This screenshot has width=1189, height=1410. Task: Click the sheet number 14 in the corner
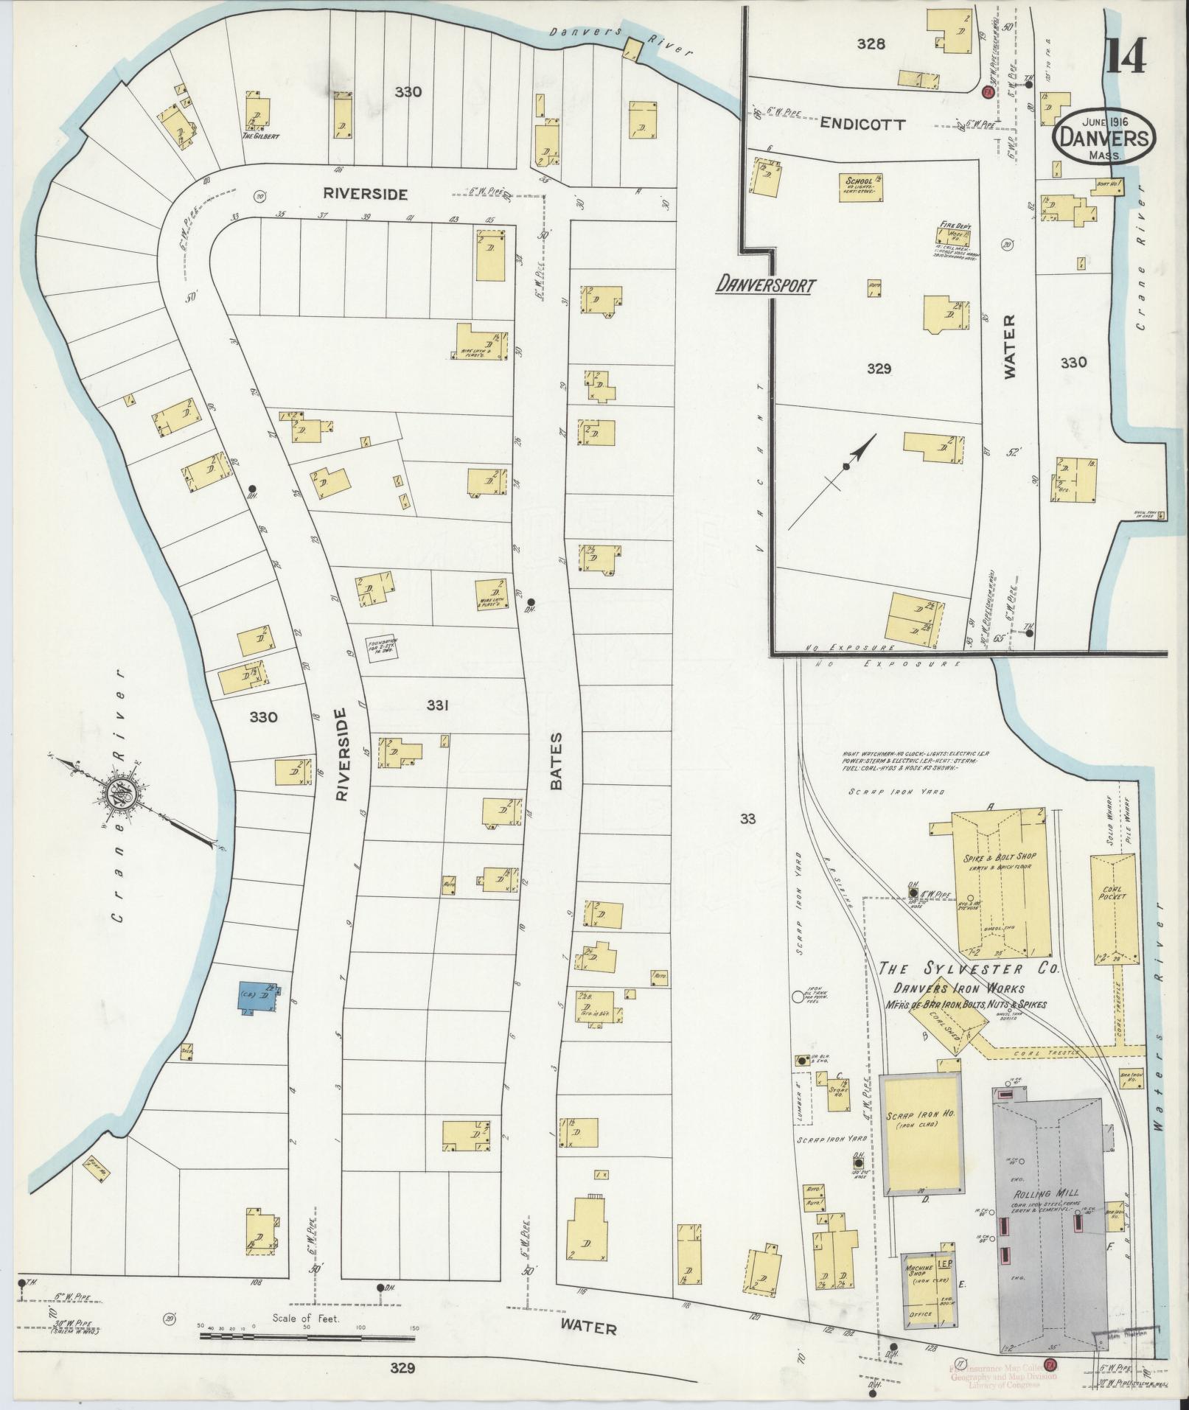click(x=1125, y=55)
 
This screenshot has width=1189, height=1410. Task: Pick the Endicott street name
click(x=863, y=125)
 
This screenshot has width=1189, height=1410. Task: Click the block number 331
click(x=437, y=705)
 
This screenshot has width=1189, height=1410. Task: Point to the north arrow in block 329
click(x=848, y=464)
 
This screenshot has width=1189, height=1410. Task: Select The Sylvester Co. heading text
click(x=969, y=969)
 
